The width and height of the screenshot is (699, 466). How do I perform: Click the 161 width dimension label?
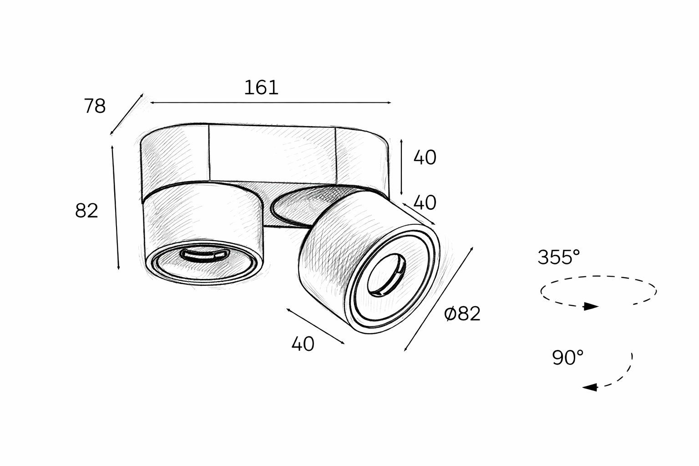click(x=261, y=88)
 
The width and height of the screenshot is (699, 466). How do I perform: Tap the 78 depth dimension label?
click(x=95, y=106)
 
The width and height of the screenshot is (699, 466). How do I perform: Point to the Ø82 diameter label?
click(x=462, y=314)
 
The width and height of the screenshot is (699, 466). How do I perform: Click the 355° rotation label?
click(x=558, y=257)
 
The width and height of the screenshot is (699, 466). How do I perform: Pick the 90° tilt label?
click(x=567, y=357)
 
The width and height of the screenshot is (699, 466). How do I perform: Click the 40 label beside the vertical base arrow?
click(x=425, y=157)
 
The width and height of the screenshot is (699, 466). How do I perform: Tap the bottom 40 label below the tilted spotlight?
click(x=303, y=344)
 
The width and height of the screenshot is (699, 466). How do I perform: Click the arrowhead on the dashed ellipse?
click(x=591, y=307)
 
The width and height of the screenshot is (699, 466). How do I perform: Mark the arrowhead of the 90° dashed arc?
click(x=590, y=387)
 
